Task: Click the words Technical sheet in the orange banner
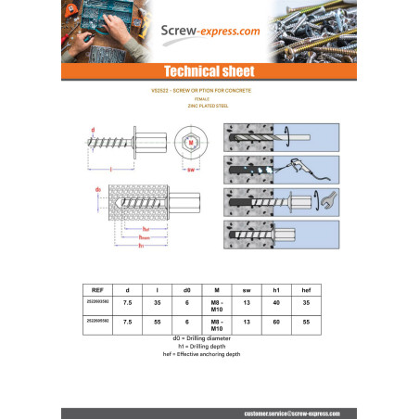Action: pyautogui.click(x=209, y=71)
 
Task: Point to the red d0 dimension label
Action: pyautogui.click(x=98, y=189)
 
